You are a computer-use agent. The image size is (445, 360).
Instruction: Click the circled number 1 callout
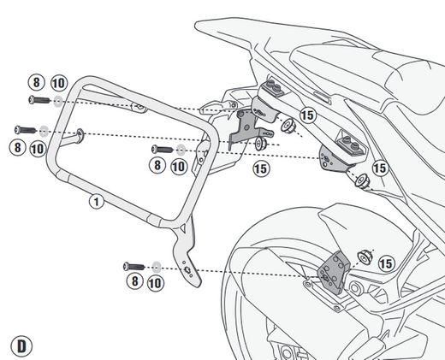(x=95, y=202)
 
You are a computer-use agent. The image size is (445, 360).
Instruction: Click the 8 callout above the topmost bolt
(x=35, y=84)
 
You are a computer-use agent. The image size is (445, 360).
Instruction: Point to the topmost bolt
(x=35, y=101)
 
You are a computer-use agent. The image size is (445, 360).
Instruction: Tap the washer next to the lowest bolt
(x=155, y=265)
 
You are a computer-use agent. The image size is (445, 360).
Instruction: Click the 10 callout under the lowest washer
(x=155, y=281)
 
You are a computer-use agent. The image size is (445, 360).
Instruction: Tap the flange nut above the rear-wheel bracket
(x=365, y=253)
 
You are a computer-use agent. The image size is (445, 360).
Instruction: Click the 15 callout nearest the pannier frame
(x=263, y=170)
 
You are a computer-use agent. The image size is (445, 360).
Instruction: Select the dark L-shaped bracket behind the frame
(x=248, y=124)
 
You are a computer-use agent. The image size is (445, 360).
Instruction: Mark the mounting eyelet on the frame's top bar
(x=137, y=106)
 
